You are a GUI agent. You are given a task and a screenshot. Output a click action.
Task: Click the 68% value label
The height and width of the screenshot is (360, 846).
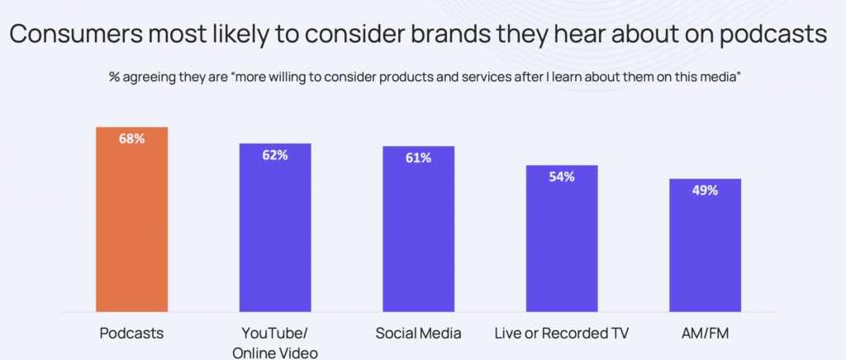point(131,139)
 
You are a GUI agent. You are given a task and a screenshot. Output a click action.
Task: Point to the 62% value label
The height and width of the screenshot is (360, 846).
point(275,154)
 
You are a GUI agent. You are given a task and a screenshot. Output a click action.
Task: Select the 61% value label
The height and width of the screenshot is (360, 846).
point(418,157)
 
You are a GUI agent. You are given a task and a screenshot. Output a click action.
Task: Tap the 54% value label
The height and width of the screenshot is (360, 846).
point(562,176)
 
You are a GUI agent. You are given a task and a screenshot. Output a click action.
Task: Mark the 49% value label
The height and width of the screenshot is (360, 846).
point(705,189)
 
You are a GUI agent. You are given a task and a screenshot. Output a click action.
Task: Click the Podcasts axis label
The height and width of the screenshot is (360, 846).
point(131,334)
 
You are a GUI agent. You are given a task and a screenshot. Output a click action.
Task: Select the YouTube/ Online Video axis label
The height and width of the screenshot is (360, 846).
point(275,343)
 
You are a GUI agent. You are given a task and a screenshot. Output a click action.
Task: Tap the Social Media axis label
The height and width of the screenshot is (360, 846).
point(418,334)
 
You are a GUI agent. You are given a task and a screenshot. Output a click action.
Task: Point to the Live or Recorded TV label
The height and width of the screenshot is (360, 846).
point(562,334)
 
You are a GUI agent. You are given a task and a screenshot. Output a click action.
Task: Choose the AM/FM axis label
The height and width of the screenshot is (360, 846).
point(705,334)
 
